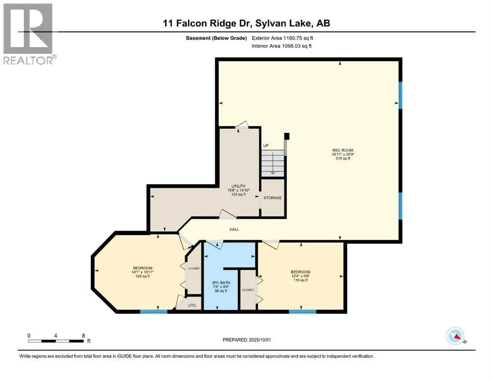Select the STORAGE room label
[x=273, y=198]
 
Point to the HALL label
[x=234, y=229]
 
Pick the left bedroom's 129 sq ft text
[x=142, y=276]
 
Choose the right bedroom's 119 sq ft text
[x=300, y=280]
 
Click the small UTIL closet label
[x=194, y=305]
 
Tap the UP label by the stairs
[x=266, y=145]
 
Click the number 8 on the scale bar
[x=83, y=335]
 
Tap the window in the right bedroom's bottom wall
[x=302, y=312]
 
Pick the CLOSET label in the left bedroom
[x=194, y=268]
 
